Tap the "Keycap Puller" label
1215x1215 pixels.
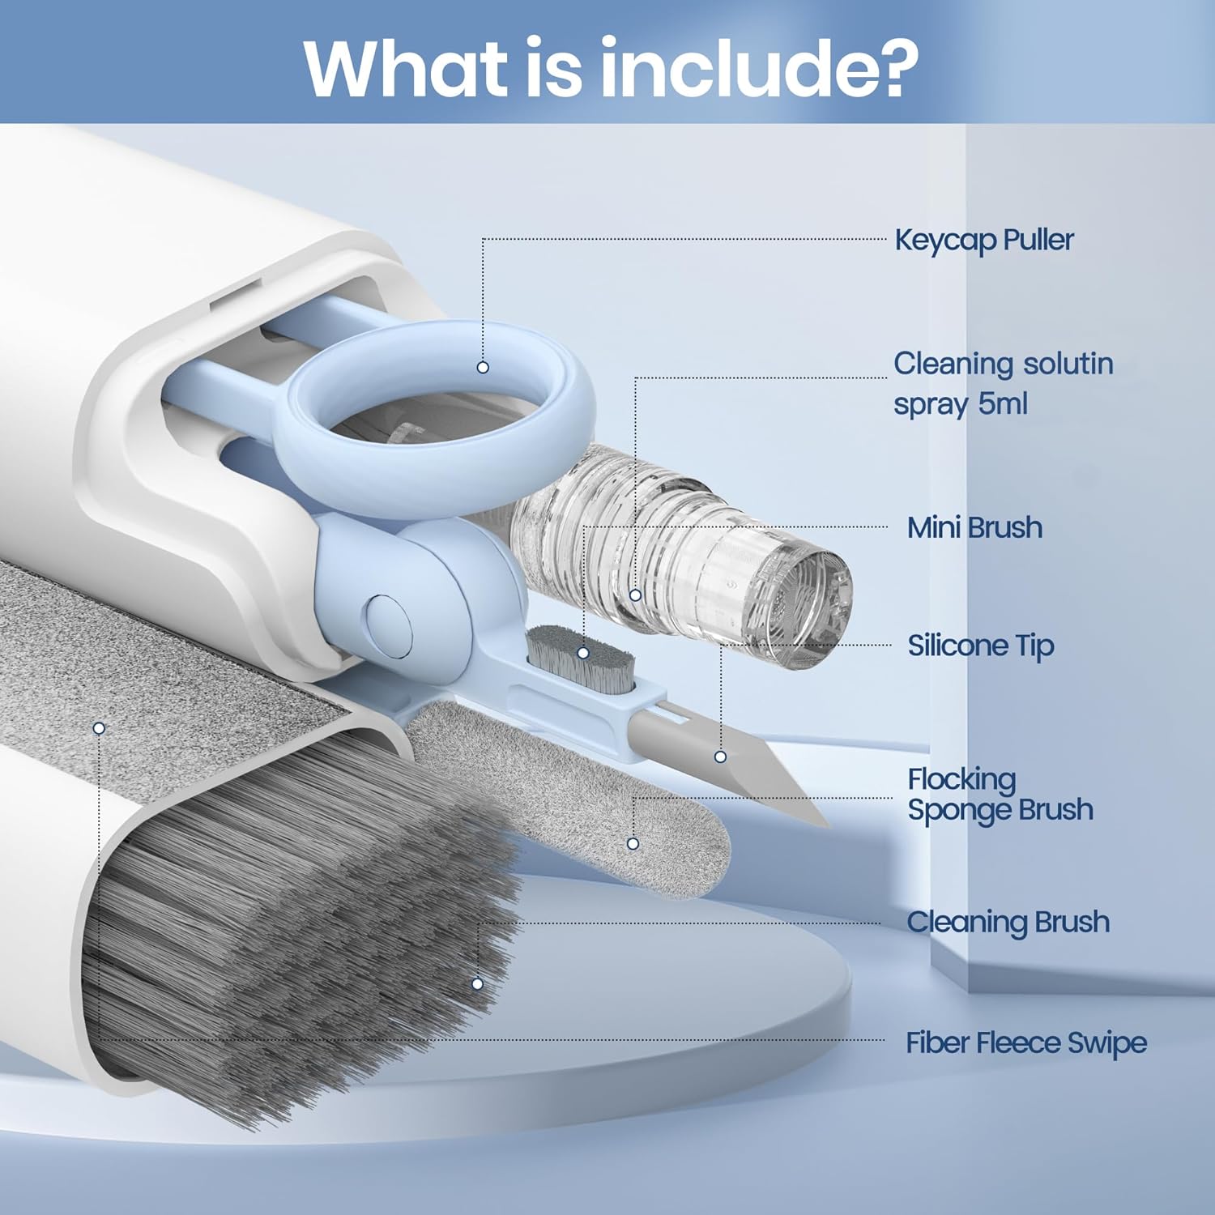tap(984, 241)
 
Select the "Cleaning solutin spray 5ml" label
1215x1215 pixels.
tap(1004, 383)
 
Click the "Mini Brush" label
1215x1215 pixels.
tap(974, 527)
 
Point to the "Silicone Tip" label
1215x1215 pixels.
tap(980, 646)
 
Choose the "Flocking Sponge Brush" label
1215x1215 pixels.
tap(1000, 795)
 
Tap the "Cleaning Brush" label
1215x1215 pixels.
tap(1008, 922)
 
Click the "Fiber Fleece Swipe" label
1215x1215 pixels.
tap(1026, 1042)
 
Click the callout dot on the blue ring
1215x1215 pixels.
tap(483, 367)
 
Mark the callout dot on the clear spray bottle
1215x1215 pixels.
tap(635, 595)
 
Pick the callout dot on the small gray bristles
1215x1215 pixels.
tap(582, 652)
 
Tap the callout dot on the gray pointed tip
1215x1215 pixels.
tap(720, 757)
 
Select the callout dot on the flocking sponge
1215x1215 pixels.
tap(633, 843)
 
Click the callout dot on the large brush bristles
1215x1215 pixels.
tap(477, 983)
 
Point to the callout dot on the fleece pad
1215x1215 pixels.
tap(99, 728)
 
